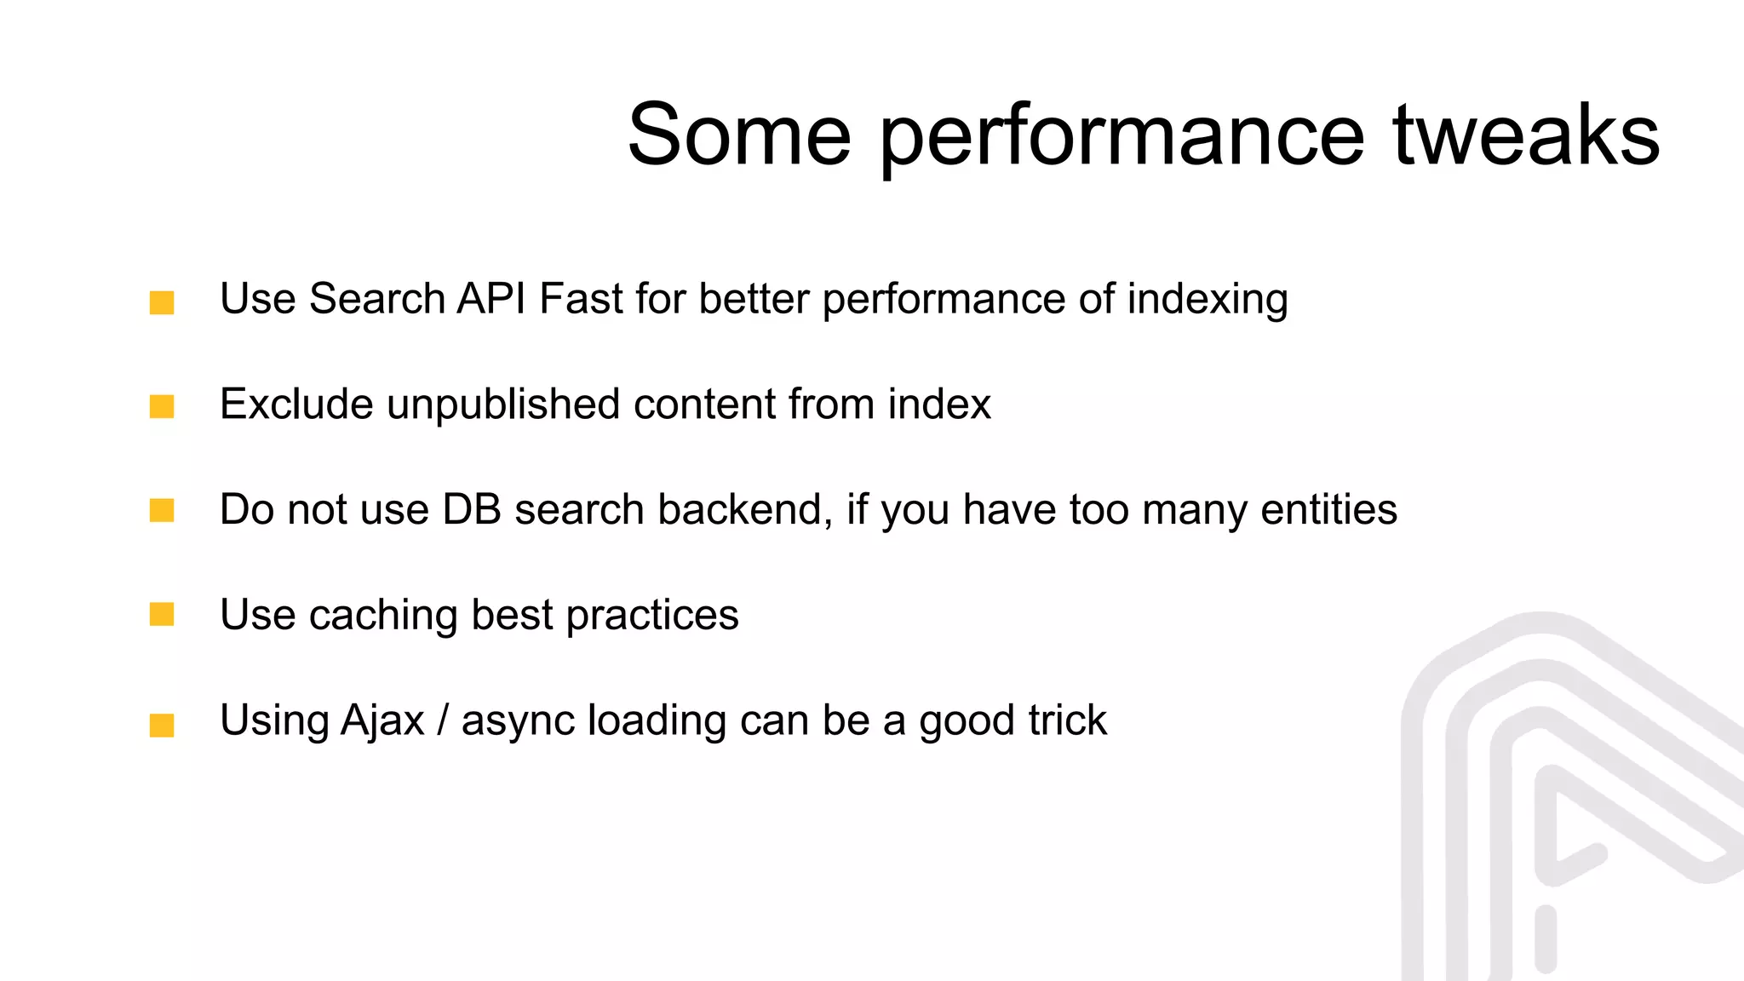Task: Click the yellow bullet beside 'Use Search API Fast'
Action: (x=162, y=302)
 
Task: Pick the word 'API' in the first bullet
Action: (x=491, y=299)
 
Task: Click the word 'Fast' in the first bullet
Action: (x=582, y=299)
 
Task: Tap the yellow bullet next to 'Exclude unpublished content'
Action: (x=162, y=406)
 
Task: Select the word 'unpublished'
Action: (x=503, y=405)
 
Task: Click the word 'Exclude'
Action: (x=296, y=404)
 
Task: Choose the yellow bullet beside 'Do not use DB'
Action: (x=162, y=510)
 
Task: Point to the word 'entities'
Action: (x=1328, y=509)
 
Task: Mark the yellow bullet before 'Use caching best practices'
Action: (x=162, y=614)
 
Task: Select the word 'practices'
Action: (x=652, y=615)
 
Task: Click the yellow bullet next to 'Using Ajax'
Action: (x=162, y=725)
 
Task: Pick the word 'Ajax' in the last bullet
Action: (x=382, y=721)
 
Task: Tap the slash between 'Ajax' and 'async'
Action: (x=442, y=720)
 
